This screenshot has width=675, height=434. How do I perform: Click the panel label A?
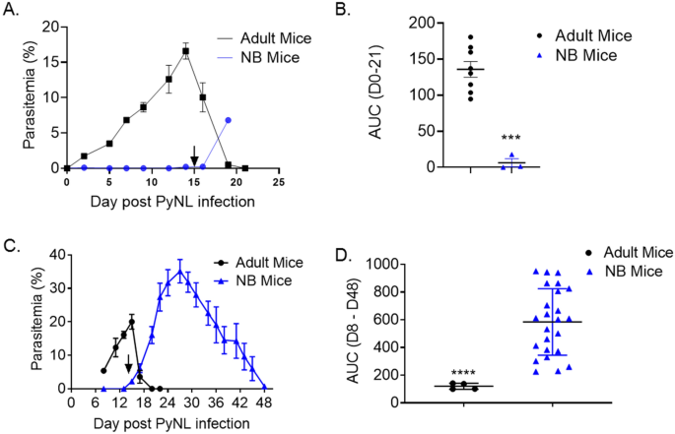click(13, 12)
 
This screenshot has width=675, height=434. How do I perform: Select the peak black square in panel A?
click(185, 51)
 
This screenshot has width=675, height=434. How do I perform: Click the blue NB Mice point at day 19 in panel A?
click(229, 120)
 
